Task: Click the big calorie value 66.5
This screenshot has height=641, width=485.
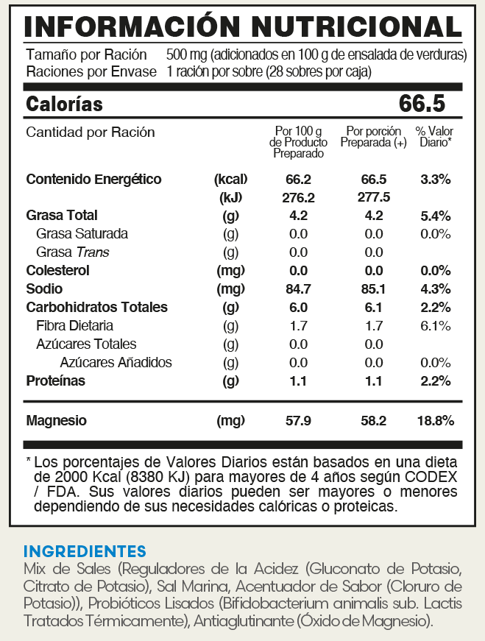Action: click(422, 104)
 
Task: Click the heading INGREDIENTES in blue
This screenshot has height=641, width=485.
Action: click(85, 551)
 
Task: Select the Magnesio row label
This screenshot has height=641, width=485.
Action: click(56, 421)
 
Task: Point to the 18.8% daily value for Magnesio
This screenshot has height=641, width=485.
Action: click(435, 421)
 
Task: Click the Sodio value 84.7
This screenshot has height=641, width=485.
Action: click(298, 288)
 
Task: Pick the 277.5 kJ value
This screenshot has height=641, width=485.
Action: click(373, 197)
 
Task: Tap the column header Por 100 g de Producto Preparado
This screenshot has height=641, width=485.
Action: click(298, 142)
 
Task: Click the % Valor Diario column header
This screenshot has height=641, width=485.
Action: click(435, 137)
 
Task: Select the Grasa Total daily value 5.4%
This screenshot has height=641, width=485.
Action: click(435, 216)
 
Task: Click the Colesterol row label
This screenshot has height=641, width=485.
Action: click(57, 270)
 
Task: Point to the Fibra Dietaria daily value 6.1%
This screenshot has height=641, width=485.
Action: click(435, 325)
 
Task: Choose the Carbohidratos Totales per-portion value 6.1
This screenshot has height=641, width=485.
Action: click(373, 307)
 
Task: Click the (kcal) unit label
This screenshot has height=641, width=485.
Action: click(230, 179)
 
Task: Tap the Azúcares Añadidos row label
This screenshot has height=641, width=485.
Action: click(116, 362)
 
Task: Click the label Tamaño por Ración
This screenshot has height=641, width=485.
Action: click(86, 55)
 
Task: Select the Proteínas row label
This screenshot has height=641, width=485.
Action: click(55, 380)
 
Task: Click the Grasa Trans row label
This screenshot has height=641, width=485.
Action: click(72, 252)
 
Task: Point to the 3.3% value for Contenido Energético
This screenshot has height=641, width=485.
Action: click(435, 179)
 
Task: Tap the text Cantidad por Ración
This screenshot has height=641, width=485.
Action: click(91, 132)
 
